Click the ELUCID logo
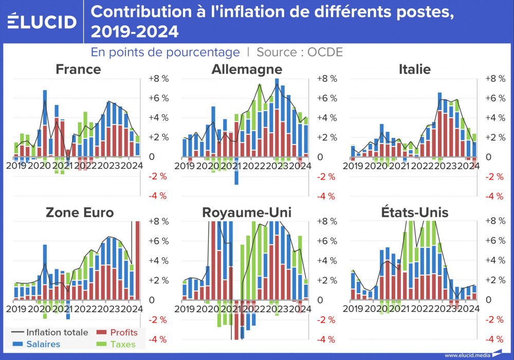point(42,22)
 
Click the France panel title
point(78,69)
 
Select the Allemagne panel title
point(247,69)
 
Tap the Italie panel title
point(414,69)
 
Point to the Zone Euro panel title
point(79,212)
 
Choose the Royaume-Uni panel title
point(247,212)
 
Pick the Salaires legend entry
point(43,344)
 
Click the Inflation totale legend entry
point(57,333)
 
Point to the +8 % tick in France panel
point(159,79)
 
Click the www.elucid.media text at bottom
point(466,355)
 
